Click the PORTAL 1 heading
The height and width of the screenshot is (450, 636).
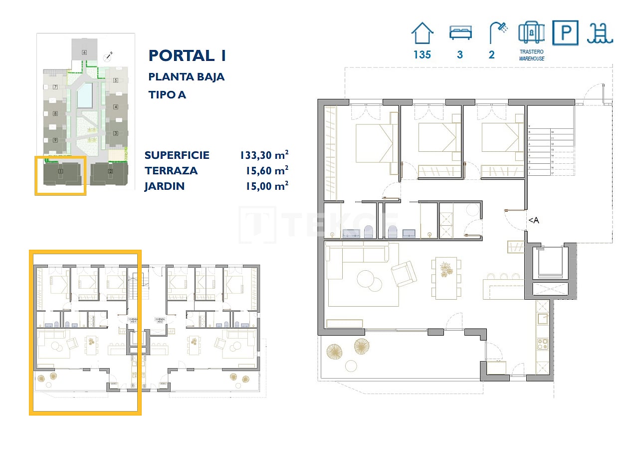click(188, 55)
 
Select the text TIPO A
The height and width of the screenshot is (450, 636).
click(167, 94)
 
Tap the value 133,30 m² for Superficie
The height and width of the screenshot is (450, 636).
click(264, 155)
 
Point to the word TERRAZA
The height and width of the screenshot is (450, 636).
click(171, 171)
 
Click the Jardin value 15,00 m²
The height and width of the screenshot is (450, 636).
click(267, 186)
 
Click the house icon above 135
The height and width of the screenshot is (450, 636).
click(422, 33)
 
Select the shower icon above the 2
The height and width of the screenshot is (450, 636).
click(497, 33)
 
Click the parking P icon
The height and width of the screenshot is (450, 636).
click(565, 33)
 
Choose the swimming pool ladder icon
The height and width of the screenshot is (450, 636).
click(600, 33)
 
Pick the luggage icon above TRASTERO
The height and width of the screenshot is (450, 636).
click(531, 33)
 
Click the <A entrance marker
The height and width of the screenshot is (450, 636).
click(533, 220)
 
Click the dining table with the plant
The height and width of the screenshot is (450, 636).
click(446, 277)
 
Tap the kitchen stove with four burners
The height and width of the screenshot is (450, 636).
click(542, 344)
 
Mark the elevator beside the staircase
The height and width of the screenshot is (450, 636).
click(550, 263)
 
